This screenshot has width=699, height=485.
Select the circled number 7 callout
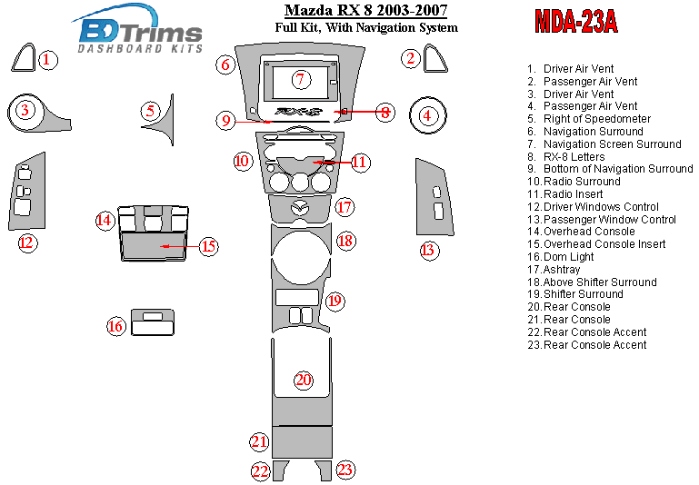click(300, 79)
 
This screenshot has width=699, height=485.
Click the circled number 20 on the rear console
click(303, 380)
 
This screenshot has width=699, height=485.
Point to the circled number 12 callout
click(27, 242)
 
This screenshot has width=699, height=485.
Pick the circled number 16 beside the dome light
click(115, 326)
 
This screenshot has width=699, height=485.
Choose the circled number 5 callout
click(150, 111)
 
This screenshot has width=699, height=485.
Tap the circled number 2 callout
click(411, 59)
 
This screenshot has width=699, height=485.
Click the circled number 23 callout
click(345, 470)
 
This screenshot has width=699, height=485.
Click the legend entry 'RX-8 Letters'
click(574, 157)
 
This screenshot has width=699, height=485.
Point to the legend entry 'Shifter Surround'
click(583, 294)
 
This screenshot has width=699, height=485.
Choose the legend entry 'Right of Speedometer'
click(596, 119)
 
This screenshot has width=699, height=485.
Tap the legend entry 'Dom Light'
click(570, 257)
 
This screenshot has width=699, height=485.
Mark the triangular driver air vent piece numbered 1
click(23, 59)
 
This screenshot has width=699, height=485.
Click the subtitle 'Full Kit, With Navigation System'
click(365, 28)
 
